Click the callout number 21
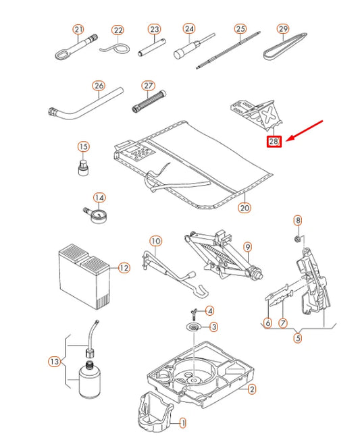click(78, 30)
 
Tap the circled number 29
click(283, 29)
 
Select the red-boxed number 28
click(274, 141)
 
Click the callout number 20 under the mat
click(245, 208)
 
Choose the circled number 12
click(124, 268)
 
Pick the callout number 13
click(54, 362)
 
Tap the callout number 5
click(298, 337)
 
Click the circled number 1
click(183, 423)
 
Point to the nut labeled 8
click(297, 240)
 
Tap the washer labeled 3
click(194, 327)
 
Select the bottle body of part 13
click(90, 381)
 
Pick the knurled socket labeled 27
click(149, 101)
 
